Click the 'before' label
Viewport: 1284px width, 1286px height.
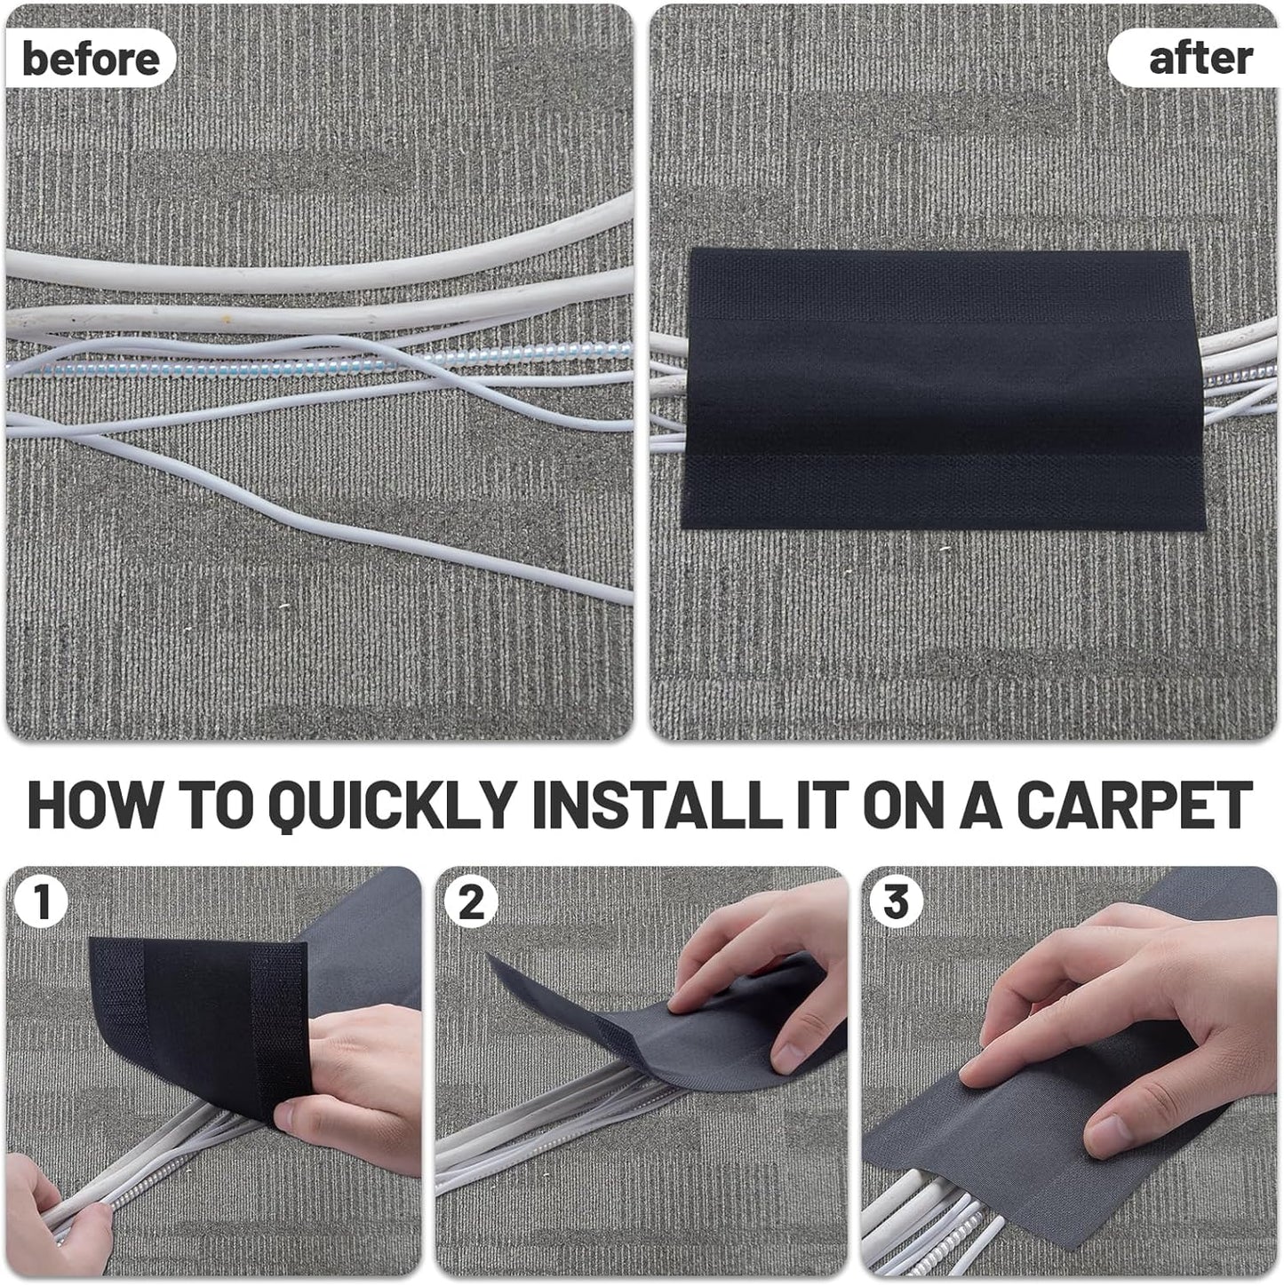91,59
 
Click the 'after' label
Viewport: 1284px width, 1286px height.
1200,59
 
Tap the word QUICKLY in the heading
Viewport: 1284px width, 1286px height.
392,805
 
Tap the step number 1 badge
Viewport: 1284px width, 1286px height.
40,902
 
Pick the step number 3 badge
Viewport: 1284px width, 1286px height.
896,902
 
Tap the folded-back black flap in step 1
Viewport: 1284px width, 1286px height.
200,1012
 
